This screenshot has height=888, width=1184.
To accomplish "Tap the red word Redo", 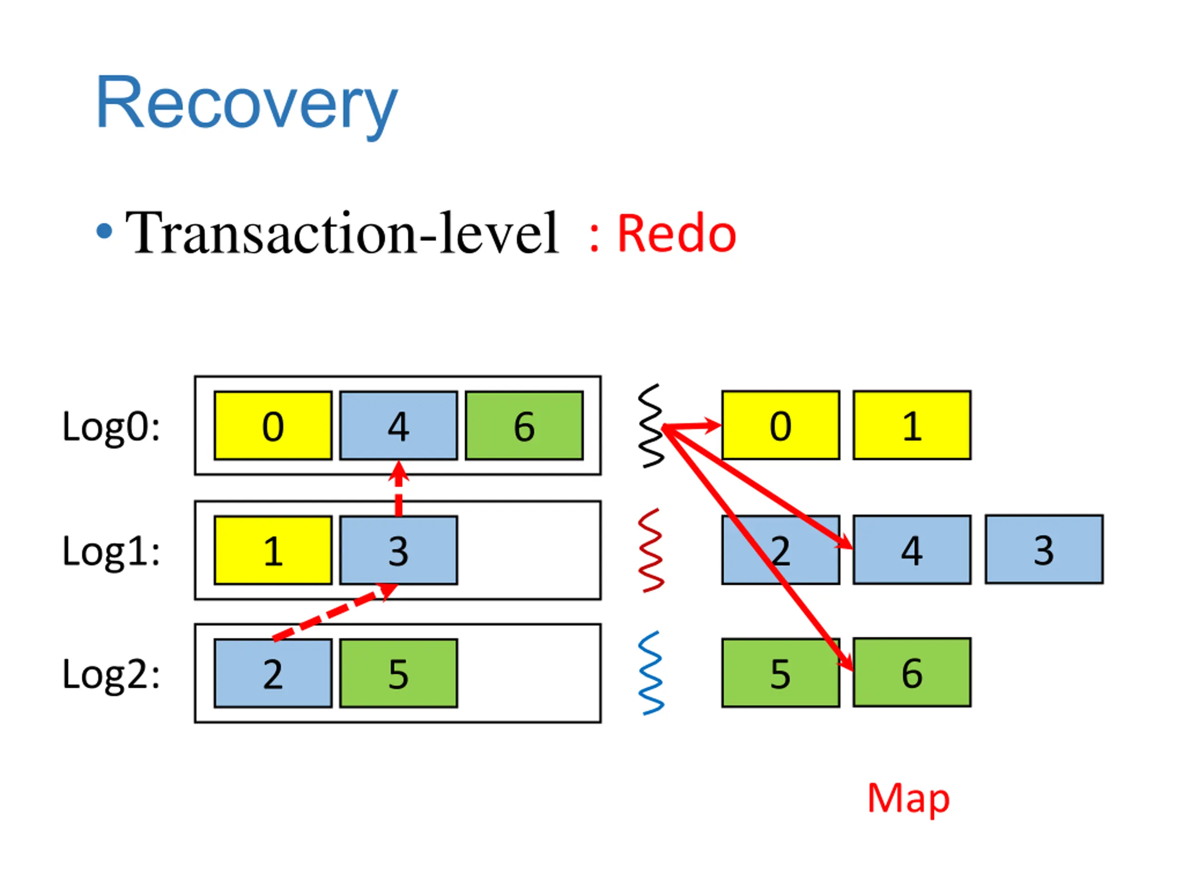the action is tap(677, 234).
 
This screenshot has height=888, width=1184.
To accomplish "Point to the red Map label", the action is tap(908, 799).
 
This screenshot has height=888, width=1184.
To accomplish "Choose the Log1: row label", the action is tap(111, 552).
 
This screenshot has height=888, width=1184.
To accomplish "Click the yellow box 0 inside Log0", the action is tap(273, 426).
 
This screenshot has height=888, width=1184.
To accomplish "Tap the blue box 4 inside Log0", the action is tap(399, 426).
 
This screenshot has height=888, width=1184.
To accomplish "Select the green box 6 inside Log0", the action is tap(524, 426).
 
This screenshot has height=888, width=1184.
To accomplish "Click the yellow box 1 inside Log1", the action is tap(273, 550).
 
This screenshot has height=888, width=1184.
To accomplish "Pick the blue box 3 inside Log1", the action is tap(399, 550).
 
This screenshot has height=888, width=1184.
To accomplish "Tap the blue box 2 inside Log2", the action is tap(273, 673).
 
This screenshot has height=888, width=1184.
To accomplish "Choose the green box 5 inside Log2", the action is tap(399, 673).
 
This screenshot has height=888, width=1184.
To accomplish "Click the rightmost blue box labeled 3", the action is tap(1044, 549).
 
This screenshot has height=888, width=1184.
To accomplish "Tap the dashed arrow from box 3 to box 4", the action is tap(398, 488).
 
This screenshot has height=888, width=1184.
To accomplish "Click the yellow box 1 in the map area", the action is tap(912, 425).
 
